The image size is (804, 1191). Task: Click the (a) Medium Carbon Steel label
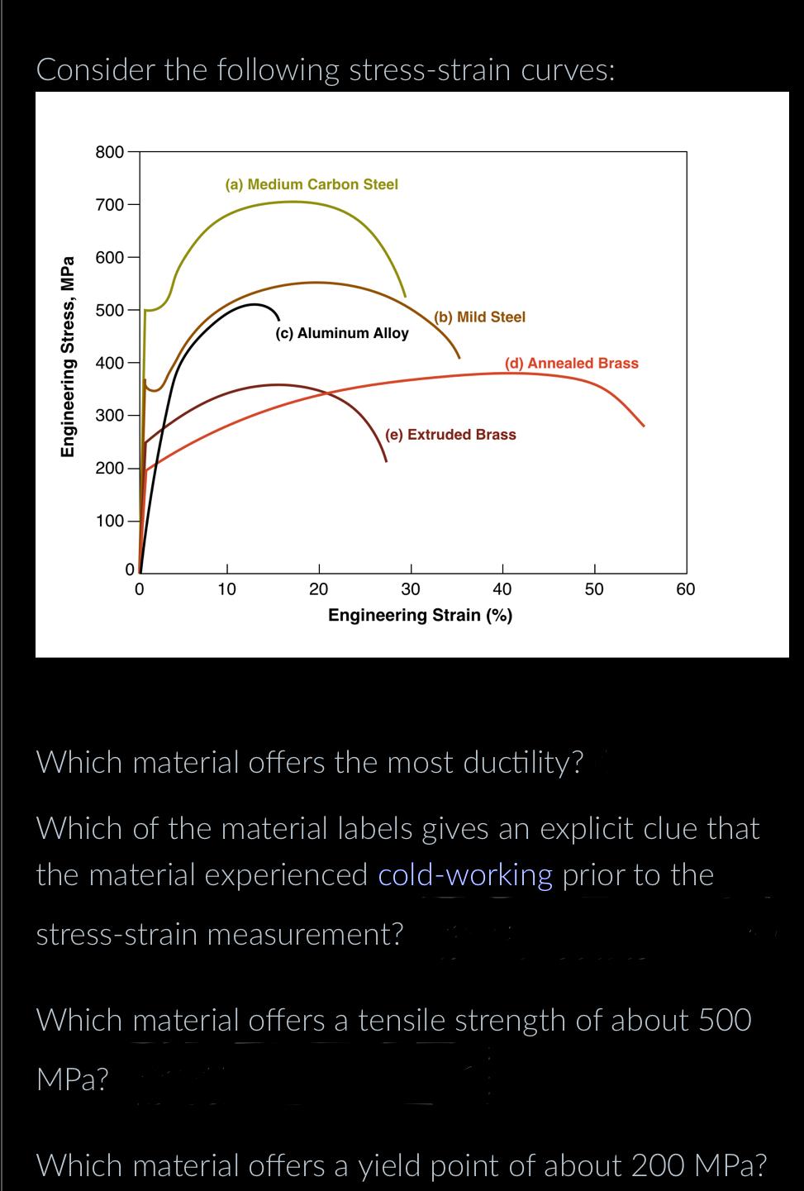(x=312, y=184)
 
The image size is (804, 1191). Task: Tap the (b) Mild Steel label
(x=479, y=317)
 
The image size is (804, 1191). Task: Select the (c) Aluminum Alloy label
(x=341, y=334)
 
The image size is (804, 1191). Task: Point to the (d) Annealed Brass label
(x=571, y=364)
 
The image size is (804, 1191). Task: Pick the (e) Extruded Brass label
(x=450, y=435)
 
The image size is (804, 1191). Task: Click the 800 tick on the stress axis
(x=110, y=152)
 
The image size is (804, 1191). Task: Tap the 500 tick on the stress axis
(x=110, y=311)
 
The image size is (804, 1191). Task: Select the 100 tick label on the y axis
(x=110, y=522)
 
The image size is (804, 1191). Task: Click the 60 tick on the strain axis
(x=685, y=589)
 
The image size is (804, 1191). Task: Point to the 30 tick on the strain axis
(x=411, y=589)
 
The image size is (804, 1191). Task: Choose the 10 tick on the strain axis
(x=226, y=589)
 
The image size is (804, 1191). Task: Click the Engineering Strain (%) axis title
(x=420, y=616)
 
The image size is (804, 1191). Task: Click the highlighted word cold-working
(x=465, y=874)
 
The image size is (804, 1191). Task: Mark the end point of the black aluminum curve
(x=278, y=318)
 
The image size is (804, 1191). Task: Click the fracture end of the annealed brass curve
(x=644, y=426)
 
